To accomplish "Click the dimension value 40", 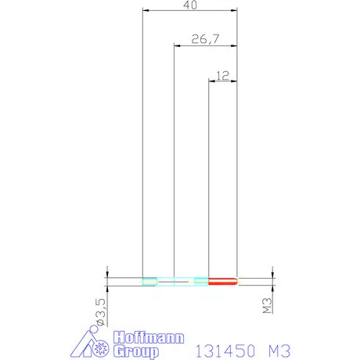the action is (190, 5).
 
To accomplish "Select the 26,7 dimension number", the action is (205, 39).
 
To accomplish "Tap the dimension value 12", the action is (223, 76).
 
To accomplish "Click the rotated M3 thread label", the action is (267, 305).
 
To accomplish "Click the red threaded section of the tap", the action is (223, 281).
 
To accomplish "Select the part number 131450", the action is (225, 351).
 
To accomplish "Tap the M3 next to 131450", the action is (279, 351).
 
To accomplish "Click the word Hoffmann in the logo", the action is (149, 337).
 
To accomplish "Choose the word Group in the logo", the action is (136, 351).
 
